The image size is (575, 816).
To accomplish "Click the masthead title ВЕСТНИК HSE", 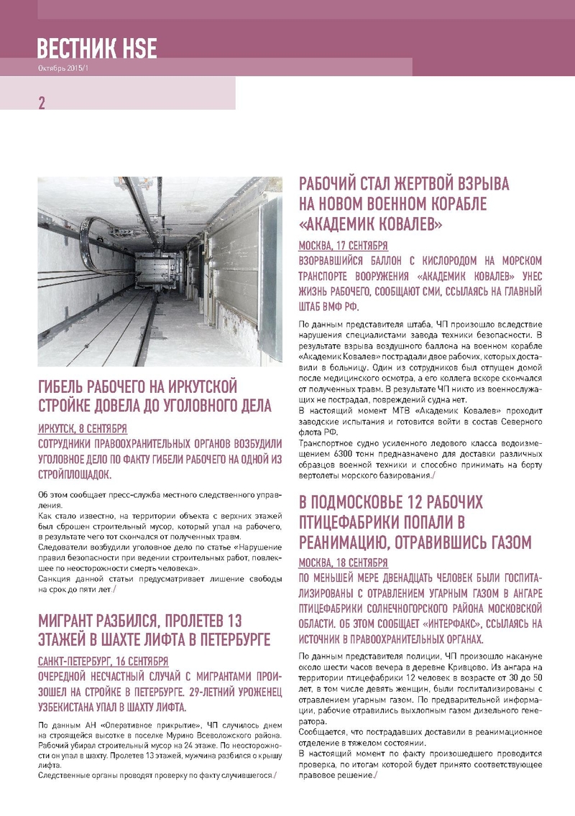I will click(x=97, y=48).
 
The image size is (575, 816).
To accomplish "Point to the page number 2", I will click(x=42, y=103).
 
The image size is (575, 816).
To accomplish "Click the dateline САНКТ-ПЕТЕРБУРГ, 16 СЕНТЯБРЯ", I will click(x=103, y=661).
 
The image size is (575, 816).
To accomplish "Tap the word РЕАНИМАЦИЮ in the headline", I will click(x=345, y=540).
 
